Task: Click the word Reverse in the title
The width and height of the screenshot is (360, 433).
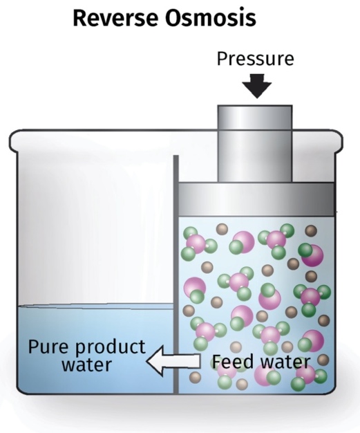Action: point(116,18)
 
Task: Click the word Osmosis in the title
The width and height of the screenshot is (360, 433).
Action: point(211,18)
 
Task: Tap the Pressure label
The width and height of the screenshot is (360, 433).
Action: point(256,59)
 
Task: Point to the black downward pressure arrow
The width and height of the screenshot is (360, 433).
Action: point(257,86)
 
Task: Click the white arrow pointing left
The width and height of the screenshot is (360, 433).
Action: point(173,361)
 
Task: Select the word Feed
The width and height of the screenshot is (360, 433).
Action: point(233,362)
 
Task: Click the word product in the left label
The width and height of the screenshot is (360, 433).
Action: point(111,348)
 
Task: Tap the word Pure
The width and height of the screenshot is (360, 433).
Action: point(50,347)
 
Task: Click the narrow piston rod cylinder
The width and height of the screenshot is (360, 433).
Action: point(255,144)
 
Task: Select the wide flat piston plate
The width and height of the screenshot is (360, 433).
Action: point(256,199)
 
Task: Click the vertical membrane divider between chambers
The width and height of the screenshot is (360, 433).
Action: point(176,275)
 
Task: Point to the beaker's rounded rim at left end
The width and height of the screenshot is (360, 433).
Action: point(13,141)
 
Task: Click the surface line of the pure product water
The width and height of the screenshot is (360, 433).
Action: point(95,306)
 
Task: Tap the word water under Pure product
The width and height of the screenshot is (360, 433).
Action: point(86,365)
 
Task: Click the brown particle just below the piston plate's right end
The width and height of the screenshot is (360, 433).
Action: point(311,231)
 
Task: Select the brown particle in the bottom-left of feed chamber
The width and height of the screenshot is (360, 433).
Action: point(195,378)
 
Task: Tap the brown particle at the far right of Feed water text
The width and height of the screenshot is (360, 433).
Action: point(323,360)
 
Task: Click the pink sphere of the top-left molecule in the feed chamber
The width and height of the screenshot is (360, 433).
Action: point(196,243)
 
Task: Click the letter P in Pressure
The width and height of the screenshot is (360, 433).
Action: point(222,59)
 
